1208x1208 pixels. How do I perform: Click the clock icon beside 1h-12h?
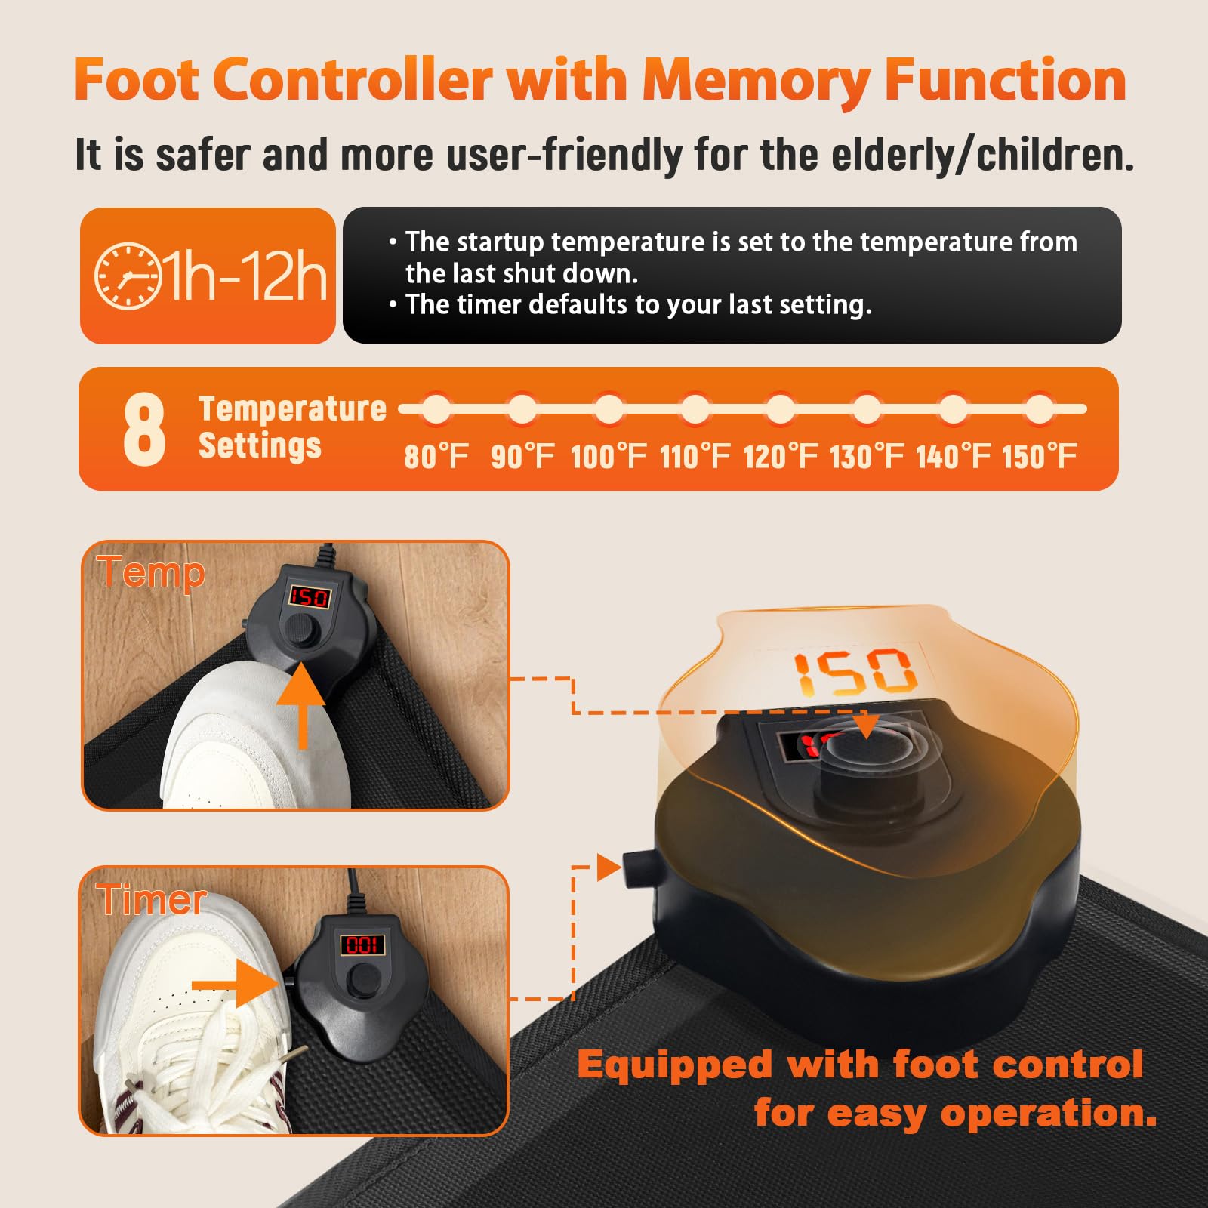point(128,276)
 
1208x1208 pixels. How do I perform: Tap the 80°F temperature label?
point(436,456)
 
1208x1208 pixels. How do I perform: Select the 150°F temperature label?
point(1040,456)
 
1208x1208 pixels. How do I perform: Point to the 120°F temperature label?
point(781,456)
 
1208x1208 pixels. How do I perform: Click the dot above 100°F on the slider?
point(609,409)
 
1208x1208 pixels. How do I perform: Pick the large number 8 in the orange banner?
point(143,429)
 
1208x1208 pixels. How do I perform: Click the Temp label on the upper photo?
point(151,573)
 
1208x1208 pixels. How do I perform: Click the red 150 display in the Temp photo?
point(310,597)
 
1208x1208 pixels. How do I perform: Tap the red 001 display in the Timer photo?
point(362,945)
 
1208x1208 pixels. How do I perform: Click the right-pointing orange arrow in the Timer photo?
point(235,984)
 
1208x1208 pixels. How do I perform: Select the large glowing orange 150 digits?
point(855,671)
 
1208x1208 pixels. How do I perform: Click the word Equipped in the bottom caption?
point(675,1065)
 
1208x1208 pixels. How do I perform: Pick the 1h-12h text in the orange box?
point(245,276)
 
